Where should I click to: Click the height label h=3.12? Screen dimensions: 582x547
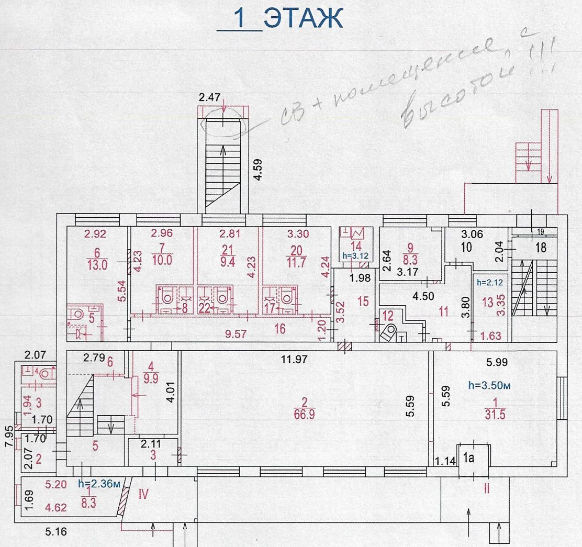pyautogui.click(x=355, y=256)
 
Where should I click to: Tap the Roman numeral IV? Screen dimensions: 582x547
pyautogui.click(x=144, y=493)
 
